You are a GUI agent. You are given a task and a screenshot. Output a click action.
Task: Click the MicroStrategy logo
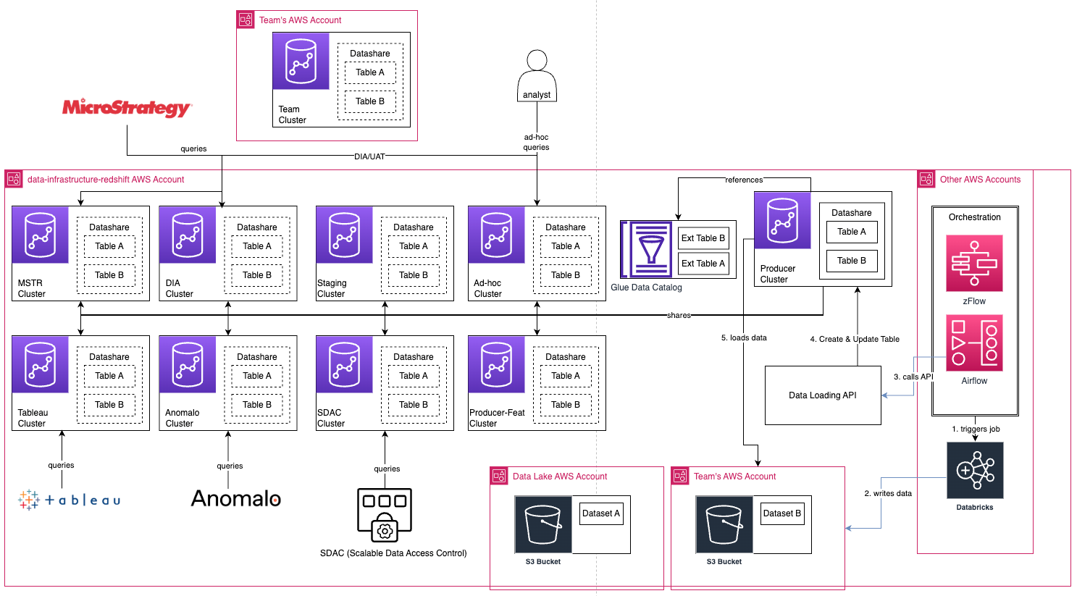point(127,108)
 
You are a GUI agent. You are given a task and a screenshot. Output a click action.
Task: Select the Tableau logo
point(70,500)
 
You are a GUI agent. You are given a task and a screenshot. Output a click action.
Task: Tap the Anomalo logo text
point(236,498)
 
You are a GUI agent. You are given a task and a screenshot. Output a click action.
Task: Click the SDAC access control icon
point(385,515)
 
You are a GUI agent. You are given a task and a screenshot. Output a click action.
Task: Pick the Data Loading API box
point(823,395)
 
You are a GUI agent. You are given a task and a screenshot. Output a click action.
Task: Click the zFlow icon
point(974,263)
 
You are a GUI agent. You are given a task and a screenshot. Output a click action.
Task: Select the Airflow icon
point(974,343)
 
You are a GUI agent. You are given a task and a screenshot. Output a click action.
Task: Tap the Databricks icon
point(975,471)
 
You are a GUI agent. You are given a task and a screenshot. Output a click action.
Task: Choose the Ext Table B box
point(703,238)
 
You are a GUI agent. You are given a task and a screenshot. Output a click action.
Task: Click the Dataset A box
point(601,513)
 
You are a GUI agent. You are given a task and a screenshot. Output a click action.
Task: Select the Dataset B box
point(782,513)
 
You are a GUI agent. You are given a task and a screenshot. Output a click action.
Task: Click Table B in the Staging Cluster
point(414,275)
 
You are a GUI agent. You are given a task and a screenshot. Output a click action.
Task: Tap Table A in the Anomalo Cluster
point(257,376)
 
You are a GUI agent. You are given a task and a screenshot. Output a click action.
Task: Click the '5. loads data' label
point(744,338)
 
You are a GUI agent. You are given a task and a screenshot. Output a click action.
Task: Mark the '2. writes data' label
point(888,493)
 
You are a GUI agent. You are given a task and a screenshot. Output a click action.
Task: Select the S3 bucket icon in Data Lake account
point(543,524)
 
